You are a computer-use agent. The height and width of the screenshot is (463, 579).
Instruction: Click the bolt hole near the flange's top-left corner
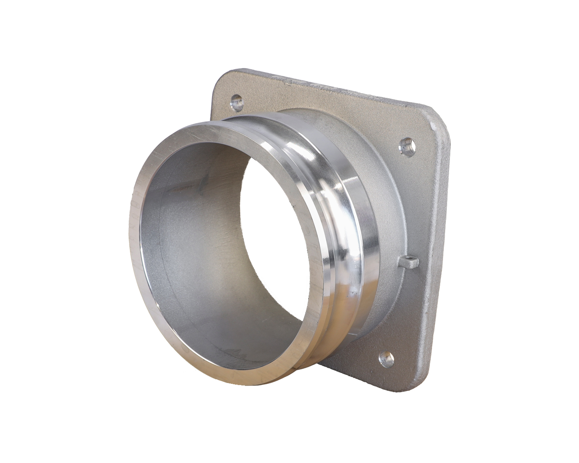point(236,100)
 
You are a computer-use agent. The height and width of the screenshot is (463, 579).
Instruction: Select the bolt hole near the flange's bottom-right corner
point(386,359)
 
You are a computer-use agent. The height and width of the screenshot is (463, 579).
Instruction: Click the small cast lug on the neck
point(410,261)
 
